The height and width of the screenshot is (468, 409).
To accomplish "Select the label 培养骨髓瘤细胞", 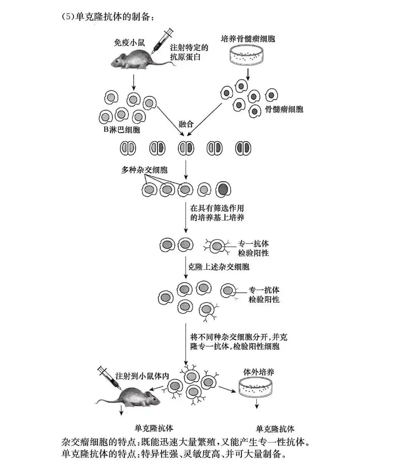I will tap(248, 39).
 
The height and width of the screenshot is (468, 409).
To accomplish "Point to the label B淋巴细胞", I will tap(122, 130).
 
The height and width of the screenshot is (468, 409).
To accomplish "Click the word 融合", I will tap(186, 124).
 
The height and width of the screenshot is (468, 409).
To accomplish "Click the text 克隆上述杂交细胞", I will tap(219, 267).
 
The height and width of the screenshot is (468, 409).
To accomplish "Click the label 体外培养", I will tap(259, 372).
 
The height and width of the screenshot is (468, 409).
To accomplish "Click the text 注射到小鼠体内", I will tap(142, 376).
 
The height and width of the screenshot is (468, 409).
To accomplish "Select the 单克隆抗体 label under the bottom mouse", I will tap(154, 428).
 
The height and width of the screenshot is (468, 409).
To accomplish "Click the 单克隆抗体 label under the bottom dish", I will tap(275, 429).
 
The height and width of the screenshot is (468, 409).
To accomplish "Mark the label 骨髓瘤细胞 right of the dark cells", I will tap(284, 109).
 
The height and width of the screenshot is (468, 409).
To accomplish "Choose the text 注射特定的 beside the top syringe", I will tap(189, 48).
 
